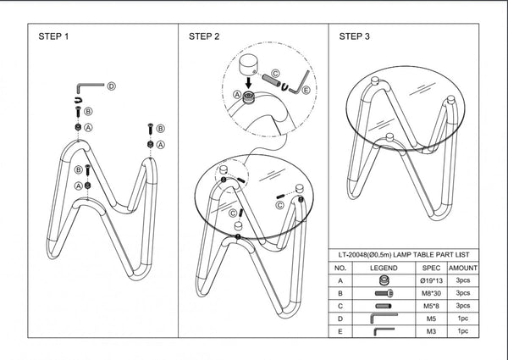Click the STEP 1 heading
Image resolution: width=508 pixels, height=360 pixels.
pyautogui.click(x=53, y=37)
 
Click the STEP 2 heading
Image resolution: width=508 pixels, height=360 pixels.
pyautogui.click(x=204, y=37)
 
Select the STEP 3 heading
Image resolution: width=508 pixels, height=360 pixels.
pyautogui.click(x=354, y=37)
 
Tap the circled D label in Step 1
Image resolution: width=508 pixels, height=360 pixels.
pyautogui.click(x=111, y=86)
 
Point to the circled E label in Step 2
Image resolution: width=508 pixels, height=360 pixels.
pyautogui.click(x=306, y=89)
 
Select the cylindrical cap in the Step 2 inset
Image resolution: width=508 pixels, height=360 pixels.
pyautogui.click(x=250, y=65)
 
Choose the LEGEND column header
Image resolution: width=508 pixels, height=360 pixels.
pyautogui.click(x=384, y=267)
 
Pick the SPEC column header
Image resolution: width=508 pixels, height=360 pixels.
pyautogui.click(x=432, y=267)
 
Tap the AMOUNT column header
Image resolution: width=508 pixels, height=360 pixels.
pyautogui.click(x=462, y=267)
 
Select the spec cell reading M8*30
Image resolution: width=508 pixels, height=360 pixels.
pyautogui.click(x=432, y=291)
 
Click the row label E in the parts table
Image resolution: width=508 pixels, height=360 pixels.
pyautogui.click(x=340, y=330)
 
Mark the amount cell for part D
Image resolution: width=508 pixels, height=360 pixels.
pyautogui.click(x=462, y=318)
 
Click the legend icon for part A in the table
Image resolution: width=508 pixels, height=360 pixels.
pyautogui.click(x=384, y=279)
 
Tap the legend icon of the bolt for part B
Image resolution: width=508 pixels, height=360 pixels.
pyautogui.click(x=384, y=291)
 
